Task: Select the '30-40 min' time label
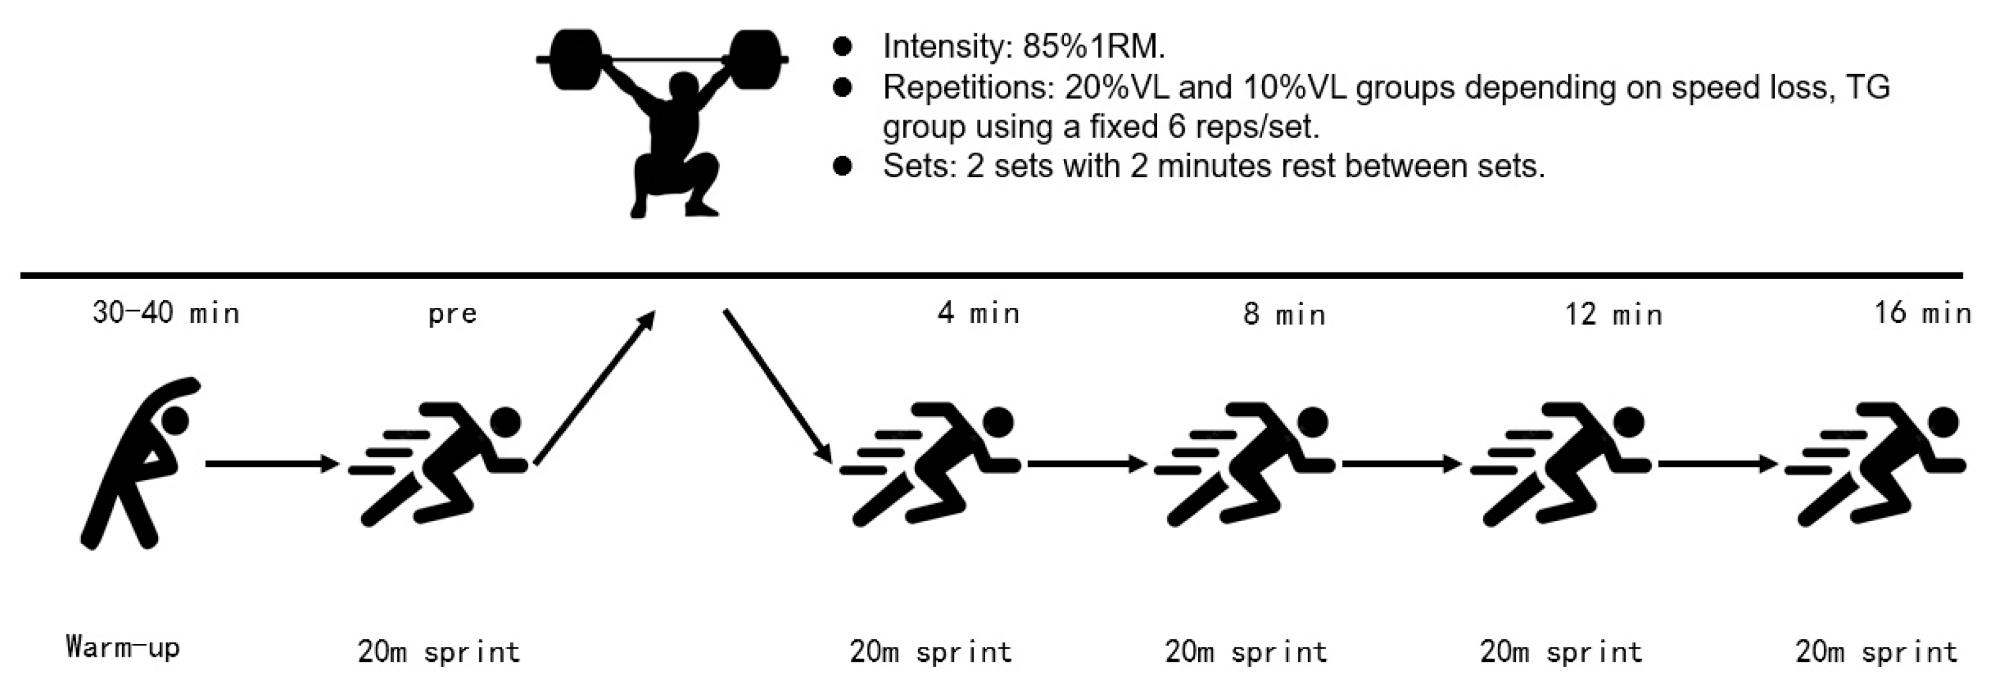point(166,313)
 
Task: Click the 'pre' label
point(452,314)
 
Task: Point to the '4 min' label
point(978,313)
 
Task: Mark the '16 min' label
point(1922,313)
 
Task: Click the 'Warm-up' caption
point(123,647)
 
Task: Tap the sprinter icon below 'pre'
point(439,464)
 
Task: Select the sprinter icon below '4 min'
point(931,464)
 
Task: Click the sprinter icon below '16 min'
point(1876,464)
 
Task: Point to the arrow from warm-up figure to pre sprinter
point(273,464)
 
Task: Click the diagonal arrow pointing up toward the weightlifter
point(595,388)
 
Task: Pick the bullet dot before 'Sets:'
point(842,166)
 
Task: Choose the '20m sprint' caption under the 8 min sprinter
point(1245,651)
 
